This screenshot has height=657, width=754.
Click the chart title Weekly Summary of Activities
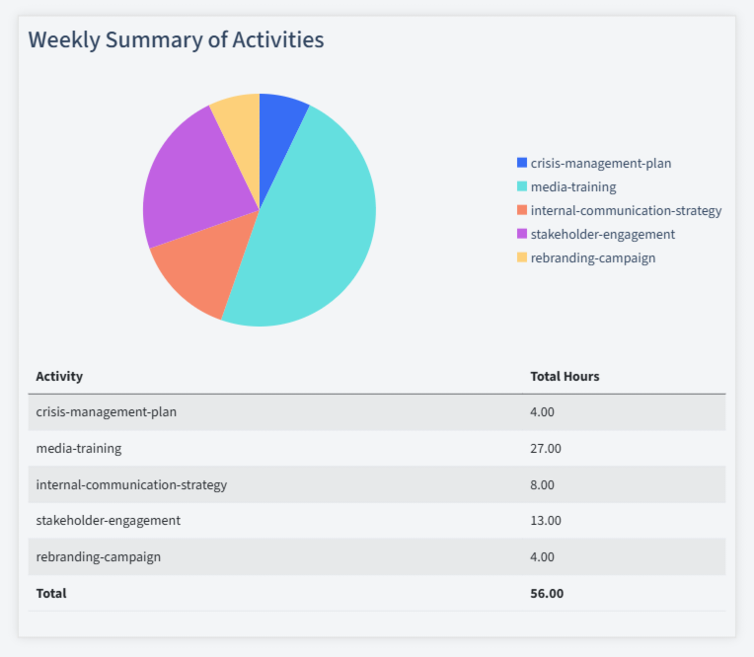(x=176, y=40)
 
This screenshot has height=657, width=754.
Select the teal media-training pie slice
(x=316, y=227)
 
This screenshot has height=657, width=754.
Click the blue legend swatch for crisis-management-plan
(x=522, y=163)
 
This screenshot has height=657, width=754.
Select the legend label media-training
(x=572, y=186)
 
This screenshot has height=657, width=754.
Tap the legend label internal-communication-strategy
(x=626, y=210)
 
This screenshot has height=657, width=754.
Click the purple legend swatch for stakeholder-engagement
(x=522, y=234)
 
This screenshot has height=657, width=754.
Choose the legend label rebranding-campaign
(x=592, y=257)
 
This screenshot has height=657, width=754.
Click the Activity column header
(x=59, y=376)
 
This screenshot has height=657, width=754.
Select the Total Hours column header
(x=565, y=376)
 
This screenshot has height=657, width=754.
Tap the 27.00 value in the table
(x=546, y=448)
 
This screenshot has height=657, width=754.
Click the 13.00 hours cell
(x=546, y=520)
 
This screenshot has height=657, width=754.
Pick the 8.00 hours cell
(x=543, y=484)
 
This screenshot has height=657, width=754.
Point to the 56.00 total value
(x=547, y=593)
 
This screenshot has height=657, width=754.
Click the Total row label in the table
(x=51, y=593)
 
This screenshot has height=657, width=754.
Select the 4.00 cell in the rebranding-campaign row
(x=543, y=556)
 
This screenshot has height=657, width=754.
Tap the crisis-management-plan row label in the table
(x=106, y=411)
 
